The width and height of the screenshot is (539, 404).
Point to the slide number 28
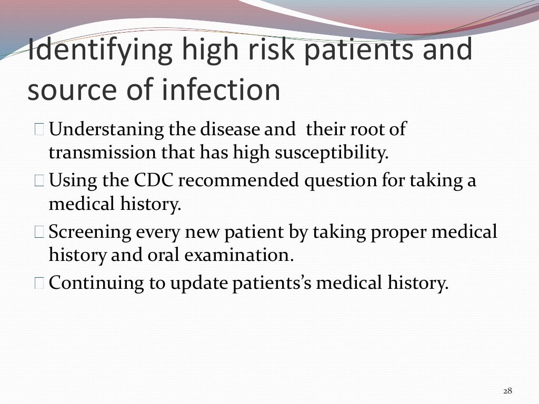(507, 390)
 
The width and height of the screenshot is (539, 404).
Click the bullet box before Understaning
(41, 129)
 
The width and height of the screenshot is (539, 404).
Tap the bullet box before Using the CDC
(41, 181)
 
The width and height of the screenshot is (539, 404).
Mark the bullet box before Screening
(41, 233)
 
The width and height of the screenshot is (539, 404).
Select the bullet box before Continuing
(41, 284)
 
